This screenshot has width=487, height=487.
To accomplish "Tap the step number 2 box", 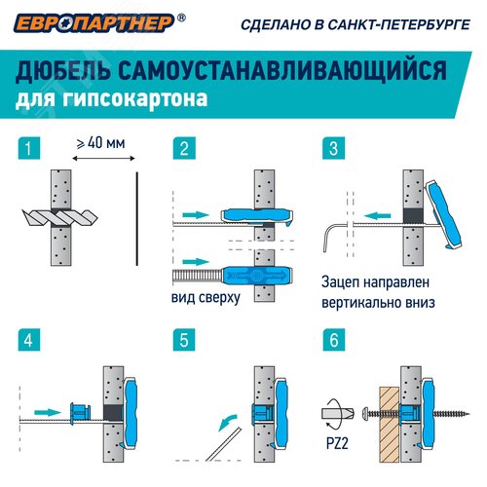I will (181, 149).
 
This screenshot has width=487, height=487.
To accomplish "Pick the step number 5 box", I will (181, 342).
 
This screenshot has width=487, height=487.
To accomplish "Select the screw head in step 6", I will (362, 413).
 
